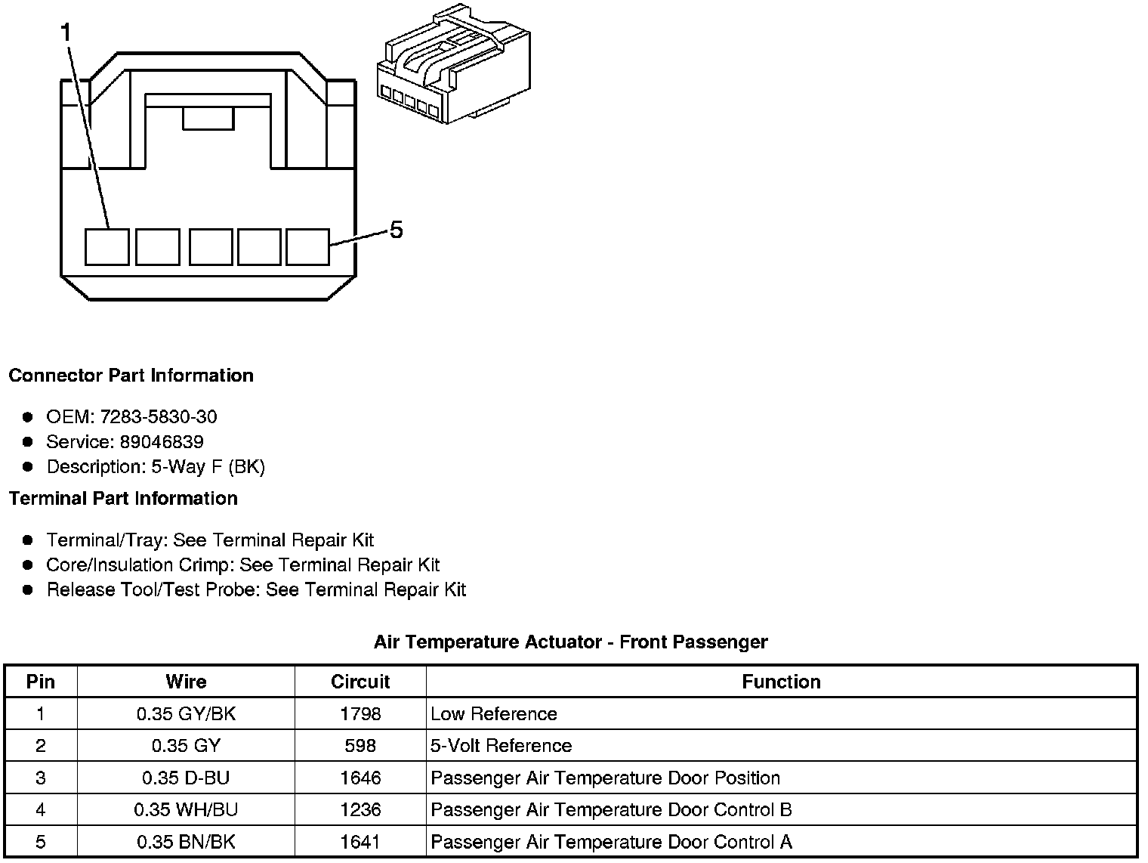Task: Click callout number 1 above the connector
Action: [x=67, y=32]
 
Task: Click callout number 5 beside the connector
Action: [x=396, y=229]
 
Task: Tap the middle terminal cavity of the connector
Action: [x=211, y=247]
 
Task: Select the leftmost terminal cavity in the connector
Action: [x=106, y=247]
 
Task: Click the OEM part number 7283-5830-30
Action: [x=159, y=416]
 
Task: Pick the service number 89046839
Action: [x=162, y=441]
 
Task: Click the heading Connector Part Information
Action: [x=131, y=376]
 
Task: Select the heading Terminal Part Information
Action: [x=123, y=498]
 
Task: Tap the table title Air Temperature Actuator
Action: [x=570, y=642]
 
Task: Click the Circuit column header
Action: [x=360, y=682]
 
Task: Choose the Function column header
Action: [x=781, y=682]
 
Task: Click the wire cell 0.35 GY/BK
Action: [x=186, y=713]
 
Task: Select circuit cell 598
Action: [x=360, y=746]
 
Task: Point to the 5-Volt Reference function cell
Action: [x=501, y=746]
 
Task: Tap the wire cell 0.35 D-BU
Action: [x=186, y=778]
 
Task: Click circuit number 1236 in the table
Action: [x=360, y=809]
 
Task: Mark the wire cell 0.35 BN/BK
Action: [x=186, y=841]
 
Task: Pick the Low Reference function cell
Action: [x=493, y=713]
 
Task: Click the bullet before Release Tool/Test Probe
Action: [x=28, y=589]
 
